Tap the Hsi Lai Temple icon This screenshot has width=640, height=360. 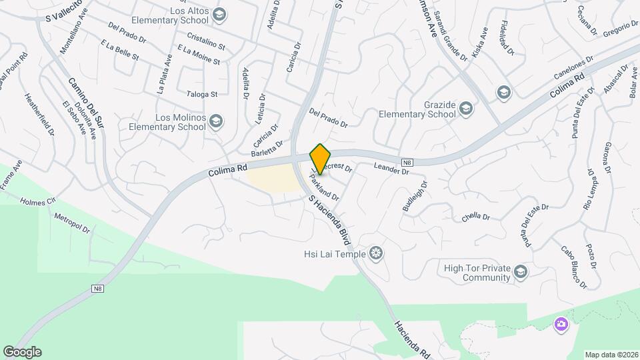377,253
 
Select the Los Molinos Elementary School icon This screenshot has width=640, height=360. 215,121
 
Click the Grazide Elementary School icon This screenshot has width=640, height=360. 465,108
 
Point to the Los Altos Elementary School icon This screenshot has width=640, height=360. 221,14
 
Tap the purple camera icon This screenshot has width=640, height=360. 561,324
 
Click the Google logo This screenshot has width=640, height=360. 22,352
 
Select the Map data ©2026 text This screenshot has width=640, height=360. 611,355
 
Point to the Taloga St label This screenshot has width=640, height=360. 202,95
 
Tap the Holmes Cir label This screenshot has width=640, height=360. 34,201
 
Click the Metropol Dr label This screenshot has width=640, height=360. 71,223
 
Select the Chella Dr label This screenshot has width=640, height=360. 476,217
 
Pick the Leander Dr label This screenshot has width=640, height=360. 391,171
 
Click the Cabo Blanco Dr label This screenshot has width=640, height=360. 573,267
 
